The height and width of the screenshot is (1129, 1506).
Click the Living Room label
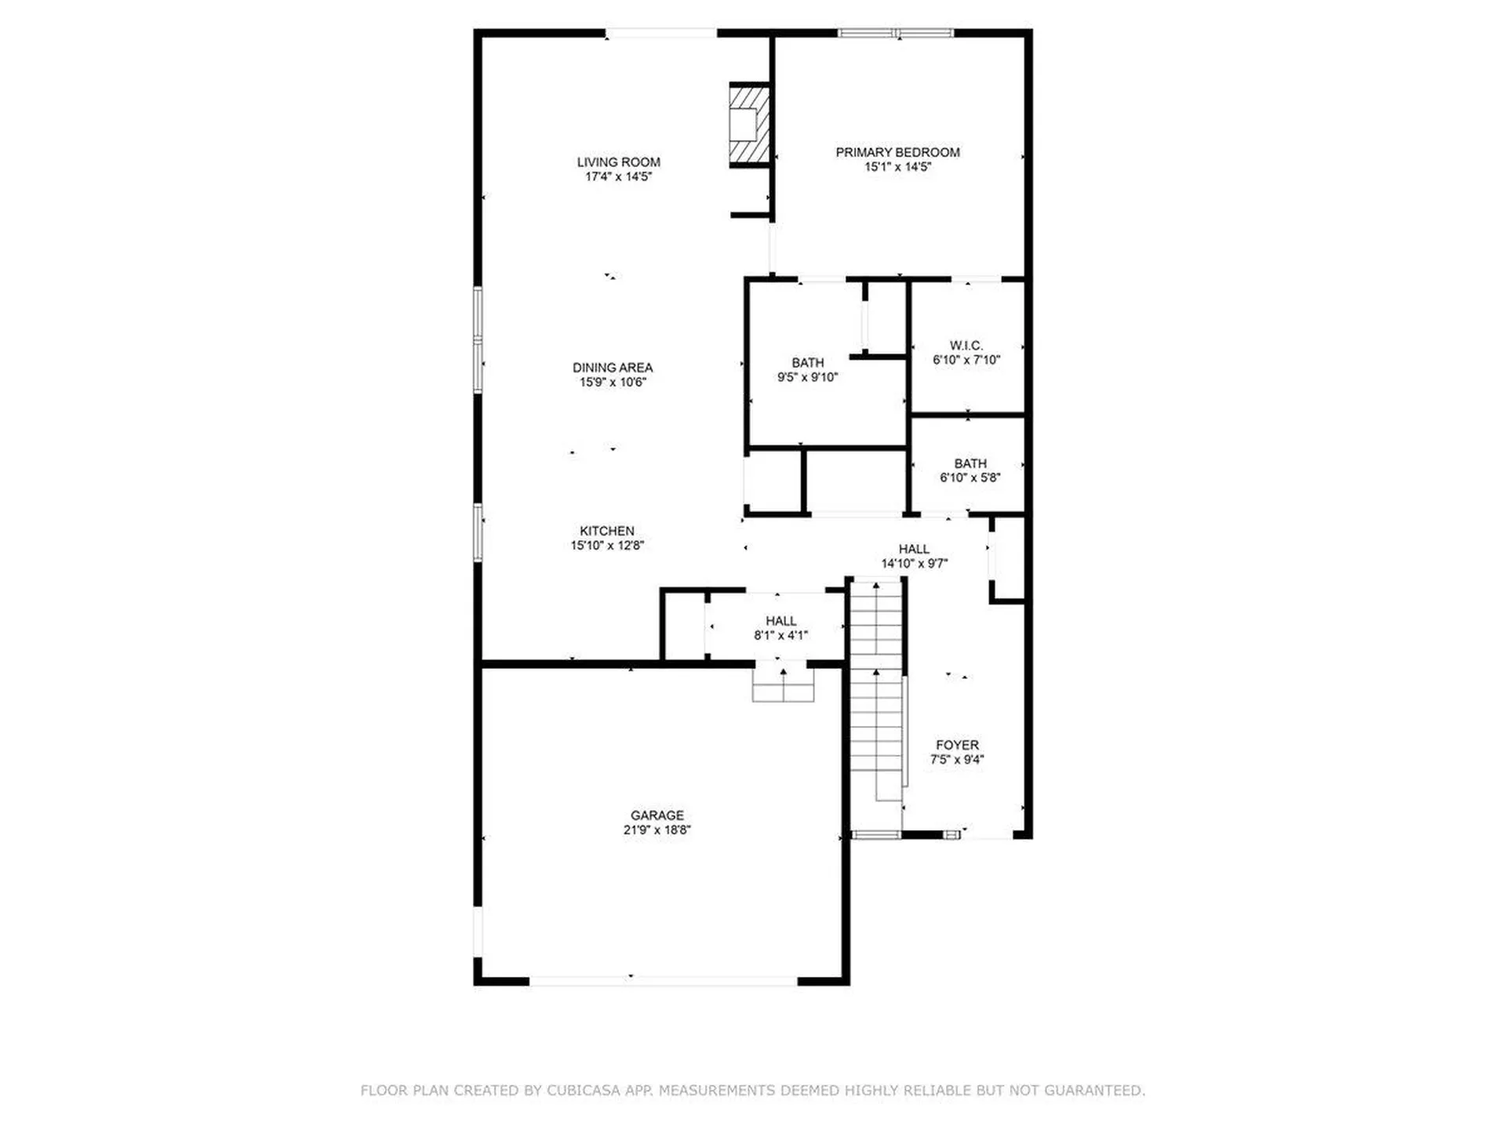click(618, 162)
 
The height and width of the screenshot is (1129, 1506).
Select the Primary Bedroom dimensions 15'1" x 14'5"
click(897, 167)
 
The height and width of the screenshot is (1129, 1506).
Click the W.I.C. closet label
click(966, 346)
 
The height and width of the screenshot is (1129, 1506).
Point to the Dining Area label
click(612, 368)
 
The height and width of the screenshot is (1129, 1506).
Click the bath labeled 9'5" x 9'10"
click(807, 370)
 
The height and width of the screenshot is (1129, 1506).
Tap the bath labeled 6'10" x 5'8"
click(969, 470)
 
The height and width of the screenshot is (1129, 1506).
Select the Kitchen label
click(606, 531)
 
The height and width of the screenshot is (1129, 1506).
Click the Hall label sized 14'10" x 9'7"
click(914, 549)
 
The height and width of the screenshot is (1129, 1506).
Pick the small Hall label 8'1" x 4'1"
click(780, 621)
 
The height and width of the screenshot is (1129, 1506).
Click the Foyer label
click(957, 745)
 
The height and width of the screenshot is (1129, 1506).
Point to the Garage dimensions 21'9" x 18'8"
click(657, 830)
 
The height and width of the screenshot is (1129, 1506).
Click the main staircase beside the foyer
click(876, 690)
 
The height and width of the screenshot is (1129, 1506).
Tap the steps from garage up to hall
click(783, 684)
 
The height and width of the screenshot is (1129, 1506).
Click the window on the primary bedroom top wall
click(895, 33)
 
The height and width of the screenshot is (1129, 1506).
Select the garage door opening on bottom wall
click(663, 981)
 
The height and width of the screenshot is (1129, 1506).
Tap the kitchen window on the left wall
click(477, 532)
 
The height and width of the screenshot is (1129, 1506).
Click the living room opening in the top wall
click(660, 33)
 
